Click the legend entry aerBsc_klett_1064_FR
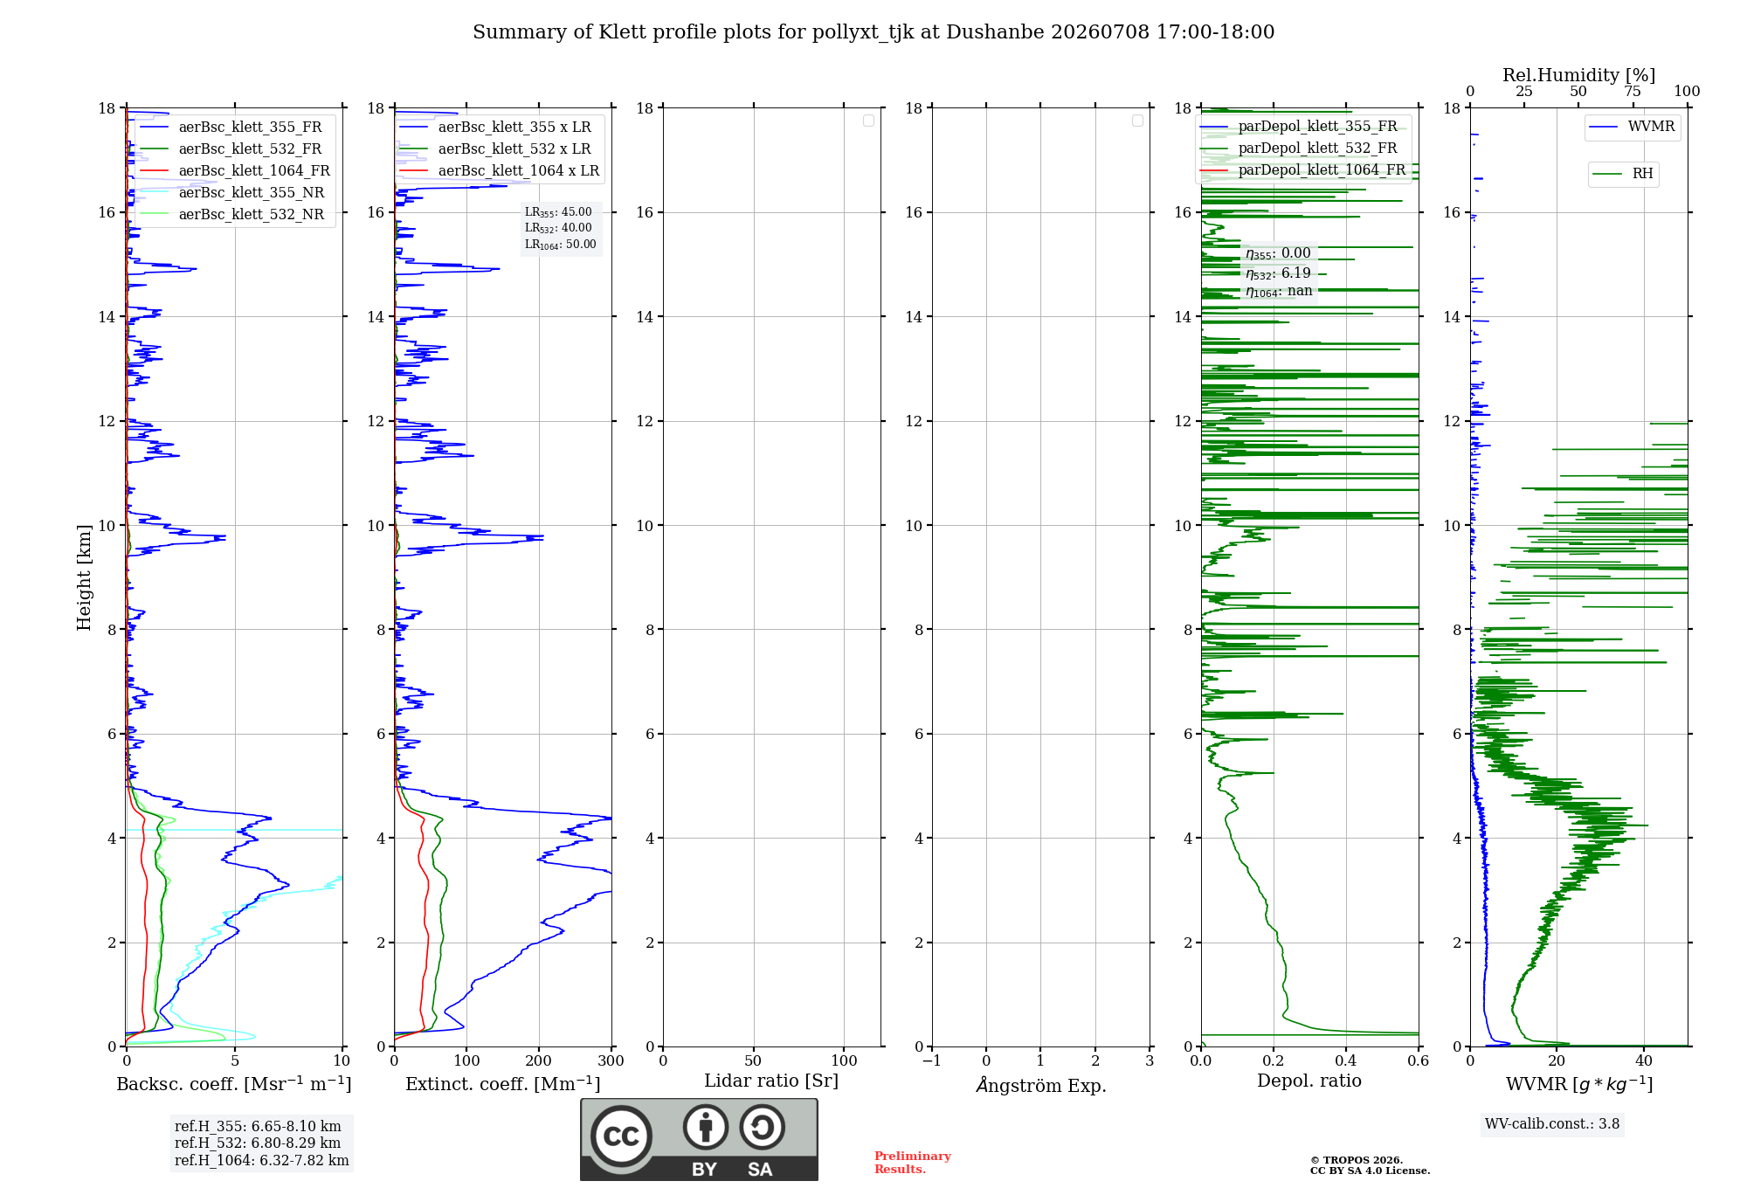click(x=234, y=170)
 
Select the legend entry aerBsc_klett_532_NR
click(x=231, y=214)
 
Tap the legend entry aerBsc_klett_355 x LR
click(x=494, y=127)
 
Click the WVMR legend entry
click(x=1632, y=127)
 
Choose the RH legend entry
click(x=1622, y=173)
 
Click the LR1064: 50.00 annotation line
click(x=560, y=245)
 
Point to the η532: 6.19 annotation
click(x=1278, y=273)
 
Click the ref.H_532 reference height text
click(x=258, y=1143)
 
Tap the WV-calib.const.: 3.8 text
click(x=1552, y=1123)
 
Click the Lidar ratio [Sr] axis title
click(x=771, y=1081)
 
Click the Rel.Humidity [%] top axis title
click(x=1579, y=75)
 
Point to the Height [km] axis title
click(x=84, y=577)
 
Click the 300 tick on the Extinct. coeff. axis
click(x=611, y=1060)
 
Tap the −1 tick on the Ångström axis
click(x=932, y=1060)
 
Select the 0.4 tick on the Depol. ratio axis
click(x=1346, y=1060)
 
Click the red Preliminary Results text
click(x=913, y=1163)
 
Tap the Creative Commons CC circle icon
click(x=621, y=1136)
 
